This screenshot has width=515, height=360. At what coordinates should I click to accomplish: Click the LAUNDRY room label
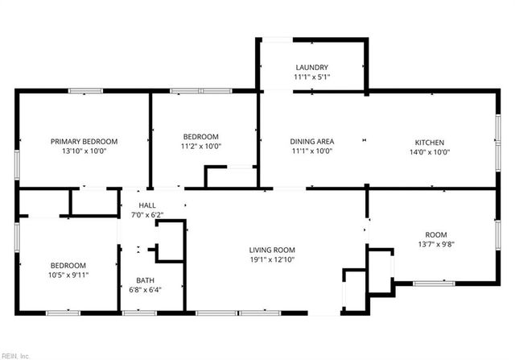pyautogui.click(x=311, y=68)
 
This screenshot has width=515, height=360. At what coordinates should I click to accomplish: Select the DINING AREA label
pyautogui.click(x=312, y=142)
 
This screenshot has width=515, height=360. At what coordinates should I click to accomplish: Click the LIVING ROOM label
pyautogui.click(x=272, y=250)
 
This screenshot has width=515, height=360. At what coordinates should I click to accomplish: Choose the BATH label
pyautogui.click(x=145, y=281)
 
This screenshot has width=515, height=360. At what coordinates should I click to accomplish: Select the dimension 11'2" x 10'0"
pyautogui.click(x=200, y=147)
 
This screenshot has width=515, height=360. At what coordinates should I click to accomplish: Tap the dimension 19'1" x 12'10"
pyautogui.click(x=272, y=260)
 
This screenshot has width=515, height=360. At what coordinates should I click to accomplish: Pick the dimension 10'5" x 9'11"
pyautogui.click(x=68, y=275)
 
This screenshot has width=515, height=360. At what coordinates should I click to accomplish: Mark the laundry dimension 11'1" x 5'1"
pyautogui.click(x=311, y=77)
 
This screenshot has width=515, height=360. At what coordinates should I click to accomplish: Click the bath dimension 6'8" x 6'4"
pyautogui.click(x=145, y=291)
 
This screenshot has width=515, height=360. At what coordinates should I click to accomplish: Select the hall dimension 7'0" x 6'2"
pyautogui.click(x=146, y=215)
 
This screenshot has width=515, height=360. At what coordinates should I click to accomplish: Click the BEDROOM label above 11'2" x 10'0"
pyautogui.click(x=200, y=137)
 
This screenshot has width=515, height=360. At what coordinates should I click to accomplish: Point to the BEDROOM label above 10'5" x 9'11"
pyautogui.click(x=68, y=265)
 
